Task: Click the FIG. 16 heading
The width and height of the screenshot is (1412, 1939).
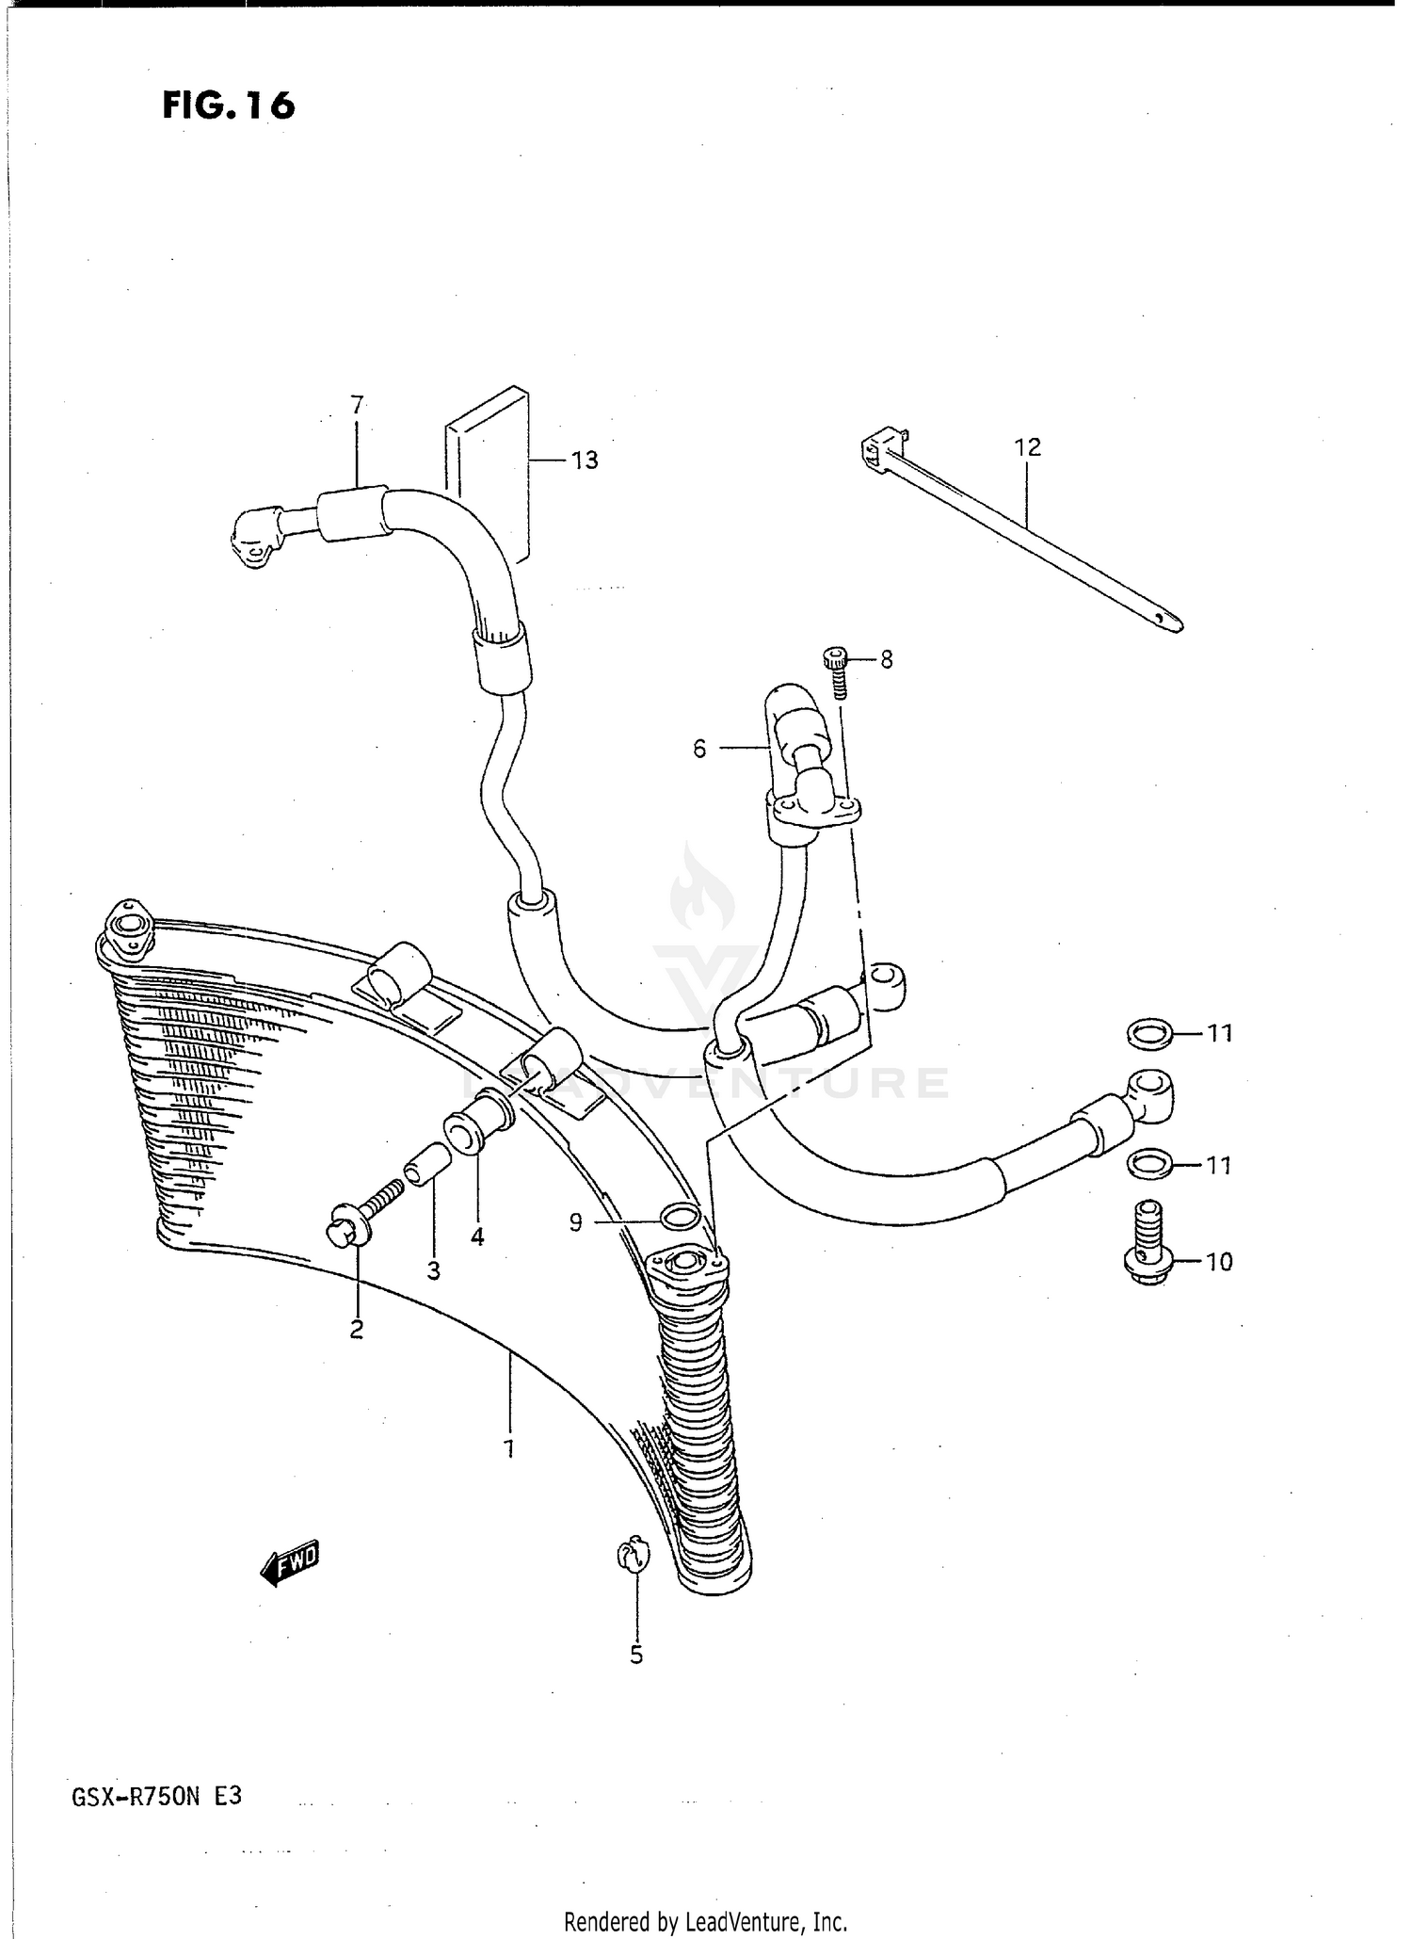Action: pos(229,105)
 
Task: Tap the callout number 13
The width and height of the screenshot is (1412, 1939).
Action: pos(585,461)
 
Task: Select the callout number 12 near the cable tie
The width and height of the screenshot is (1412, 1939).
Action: pos(1028,447)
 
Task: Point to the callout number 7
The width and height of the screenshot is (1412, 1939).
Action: pos(357,406)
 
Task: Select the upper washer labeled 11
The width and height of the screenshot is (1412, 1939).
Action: pos(1149,1035)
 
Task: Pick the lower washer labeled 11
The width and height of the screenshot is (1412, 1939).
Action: pos(1149,1166)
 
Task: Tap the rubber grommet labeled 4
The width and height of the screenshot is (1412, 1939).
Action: pos(477,1122)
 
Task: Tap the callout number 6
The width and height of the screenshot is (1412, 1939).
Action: pos(699,750)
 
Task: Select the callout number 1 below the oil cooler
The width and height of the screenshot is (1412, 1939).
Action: pos(509,1449)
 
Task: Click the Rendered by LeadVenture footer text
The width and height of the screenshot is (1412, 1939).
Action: pos(705,1921)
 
